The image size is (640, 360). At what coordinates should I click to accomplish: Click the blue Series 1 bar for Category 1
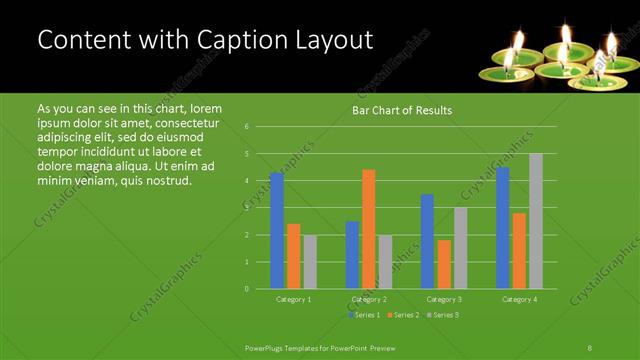(277, 231)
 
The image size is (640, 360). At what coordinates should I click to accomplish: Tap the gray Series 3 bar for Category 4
(536, 221)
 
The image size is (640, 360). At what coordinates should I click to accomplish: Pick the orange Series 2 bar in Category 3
(444, 264)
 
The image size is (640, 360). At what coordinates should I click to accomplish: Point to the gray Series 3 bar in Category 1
(310, 262)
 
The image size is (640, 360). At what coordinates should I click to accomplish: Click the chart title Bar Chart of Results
(402, 110)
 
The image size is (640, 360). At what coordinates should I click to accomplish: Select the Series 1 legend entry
(365, 315)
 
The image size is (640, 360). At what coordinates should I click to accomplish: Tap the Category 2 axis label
(368, 299)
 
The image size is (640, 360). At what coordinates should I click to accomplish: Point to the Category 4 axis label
(519, 299)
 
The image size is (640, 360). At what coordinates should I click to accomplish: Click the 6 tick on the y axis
(246, 127)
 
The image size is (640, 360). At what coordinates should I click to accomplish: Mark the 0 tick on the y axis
(246, 289)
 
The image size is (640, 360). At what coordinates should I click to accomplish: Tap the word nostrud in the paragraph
(166, 180)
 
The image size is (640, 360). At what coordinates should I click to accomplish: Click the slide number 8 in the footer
(590, 347)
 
